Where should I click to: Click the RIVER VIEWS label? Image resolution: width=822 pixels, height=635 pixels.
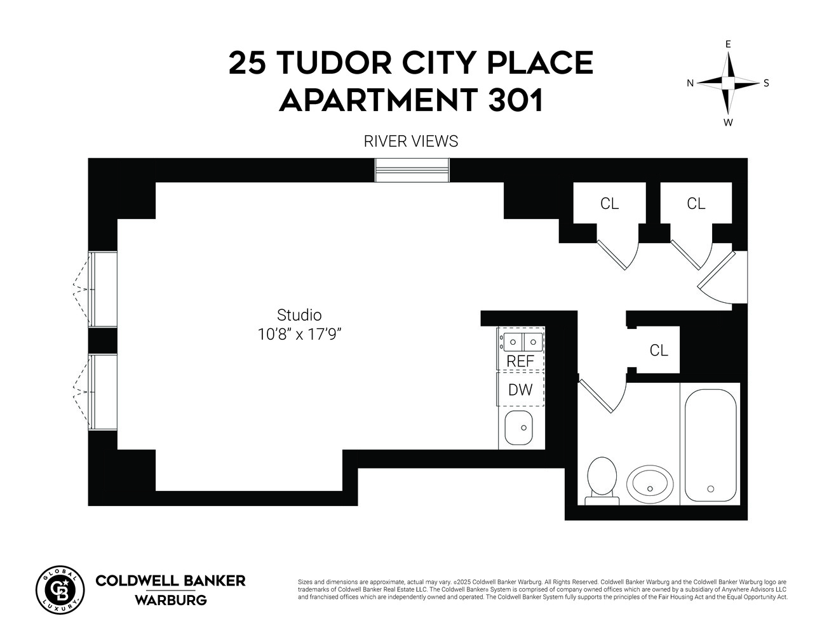click(x=410, y=141)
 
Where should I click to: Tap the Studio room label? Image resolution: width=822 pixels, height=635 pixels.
click(x=299, y=315)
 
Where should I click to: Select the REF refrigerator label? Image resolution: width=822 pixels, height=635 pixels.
click(x=520, y=361)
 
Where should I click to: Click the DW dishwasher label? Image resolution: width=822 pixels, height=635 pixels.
click(x=520, y=390)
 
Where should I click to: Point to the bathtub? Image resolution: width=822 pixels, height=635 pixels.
click(x=710, y=444)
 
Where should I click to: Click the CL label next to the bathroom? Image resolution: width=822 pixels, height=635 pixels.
click(x=659, y=351)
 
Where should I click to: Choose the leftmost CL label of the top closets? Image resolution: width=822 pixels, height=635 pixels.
click(x=609, y=204)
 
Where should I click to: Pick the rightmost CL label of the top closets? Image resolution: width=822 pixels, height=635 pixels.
click(x=696, y=204)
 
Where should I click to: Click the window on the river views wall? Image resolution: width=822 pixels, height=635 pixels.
click(x=412, y=170)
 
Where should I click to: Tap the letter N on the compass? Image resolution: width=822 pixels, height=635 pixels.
click(x=691, y=83)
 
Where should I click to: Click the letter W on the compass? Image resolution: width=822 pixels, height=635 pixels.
click(x=728, y=123)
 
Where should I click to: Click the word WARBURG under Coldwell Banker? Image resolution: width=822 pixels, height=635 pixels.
click(x=170, y=599)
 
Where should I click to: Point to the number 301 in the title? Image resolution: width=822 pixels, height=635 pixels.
click(x=515, y=100)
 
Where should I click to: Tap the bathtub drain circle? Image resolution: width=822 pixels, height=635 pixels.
click(x=710, y=488)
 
